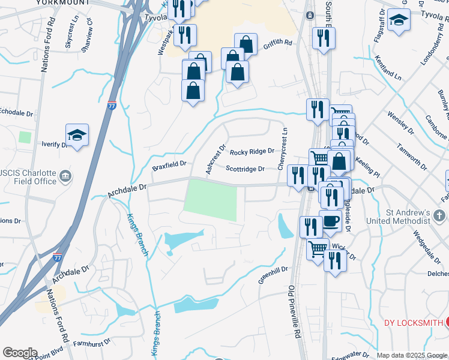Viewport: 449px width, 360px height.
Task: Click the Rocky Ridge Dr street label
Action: (252, 152)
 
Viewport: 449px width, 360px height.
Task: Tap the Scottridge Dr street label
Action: (245, 169)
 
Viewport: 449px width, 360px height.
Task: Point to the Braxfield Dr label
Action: (169, 163)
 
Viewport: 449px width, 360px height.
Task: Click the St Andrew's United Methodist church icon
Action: (440, 214)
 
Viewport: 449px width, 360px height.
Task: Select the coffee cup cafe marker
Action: (331, 220)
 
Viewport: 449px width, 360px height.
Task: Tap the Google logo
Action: (20, 353)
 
